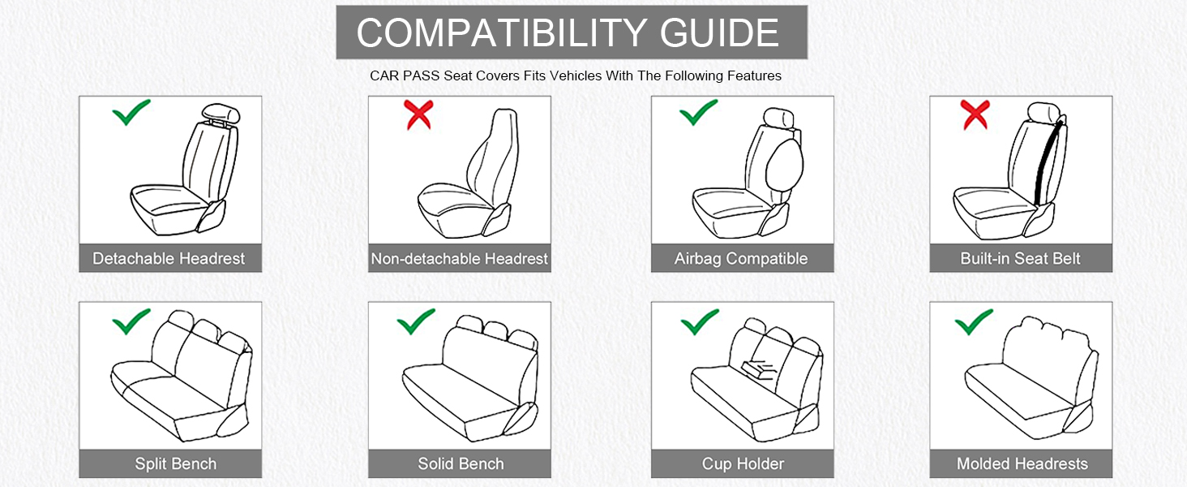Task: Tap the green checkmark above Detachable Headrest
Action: click(131, 113)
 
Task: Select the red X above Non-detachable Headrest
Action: click(418, 115)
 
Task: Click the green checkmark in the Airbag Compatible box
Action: click(699, 113)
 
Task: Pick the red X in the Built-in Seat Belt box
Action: click(974, 115)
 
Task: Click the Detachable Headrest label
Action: click(169, 259)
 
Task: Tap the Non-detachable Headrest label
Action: click(459, 259)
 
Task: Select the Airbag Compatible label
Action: click(741, 259)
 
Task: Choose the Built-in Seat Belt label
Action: click(1020, 259)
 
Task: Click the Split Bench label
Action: click(175, 464)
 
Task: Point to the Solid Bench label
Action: click(461, 464)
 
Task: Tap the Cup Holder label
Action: click(743, 464)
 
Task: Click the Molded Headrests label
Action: click(1022, 464)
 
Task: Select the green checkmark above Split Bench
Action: click(131, 321)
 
